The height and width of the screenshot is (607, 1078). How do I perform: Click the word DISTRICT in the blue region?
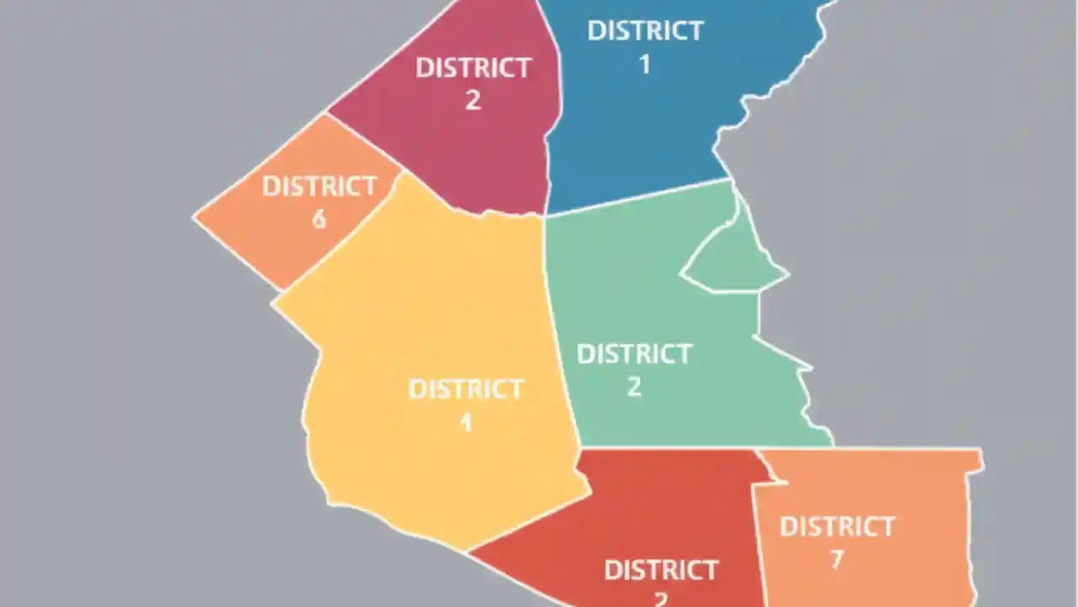[x=645, y=31]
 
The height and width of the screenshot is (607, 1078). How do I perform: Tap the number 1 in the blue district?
[x=645, y=64]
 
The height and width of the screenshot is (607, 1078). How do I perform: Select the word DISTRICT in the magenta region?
[x=473, y=68]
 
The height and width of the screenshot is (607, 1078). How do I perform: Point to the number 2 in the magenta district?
[x=472, y=100]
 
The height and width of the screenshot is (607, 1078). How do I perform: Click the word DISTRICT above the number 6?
[x=319, y=186]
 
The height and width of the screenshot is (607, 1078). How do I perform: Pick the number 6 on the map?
[x=319, y=219]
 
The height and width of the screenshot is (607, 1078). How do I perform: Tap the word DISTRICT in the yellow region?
[x=466, y=389]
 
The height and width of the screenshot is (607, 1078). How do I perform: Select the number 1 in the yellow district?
[x=466, y=422]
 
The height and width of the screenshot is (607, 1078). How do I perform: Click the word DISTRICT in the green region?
[x=633, y=354]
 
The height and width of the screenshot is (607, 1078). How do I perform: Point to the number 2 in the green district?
[x=633, y=387]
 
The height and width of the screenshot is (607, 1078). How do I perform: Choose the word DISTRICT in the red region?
[x=661, y=571]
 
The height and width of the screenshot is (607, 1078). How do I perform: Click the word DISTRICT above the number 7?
[x=836, y=527]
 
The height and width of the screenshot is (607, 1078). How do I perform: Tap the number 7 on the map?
[x=836, y=559]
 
